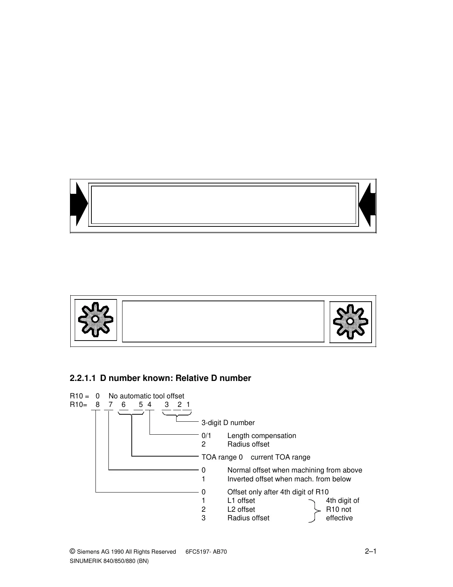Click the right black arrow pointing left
click(x=368, y=204)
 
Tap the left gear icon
click(x=95, y=320)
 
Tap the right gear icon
click(x=350, y=321)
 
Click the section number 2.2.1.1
click(x=83, y=378)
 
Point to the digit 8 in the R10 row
click(x=98, y=405)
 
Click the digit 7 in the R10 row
click(x=110, y=405)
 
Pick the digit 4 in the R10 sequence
click(x=150, y=405)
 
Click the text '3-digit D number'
click(x=228, y=423)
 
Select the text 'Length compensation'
click(x=262, y=436)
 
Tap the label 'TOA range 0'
click(x=222, y=457)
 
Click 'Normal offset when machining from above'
click(x=295, y=470)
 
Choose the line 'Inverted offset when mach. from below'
click(x=289, y=479)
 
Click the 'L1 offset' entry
click(x=241, y=501)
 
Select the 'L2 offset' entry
click(x=241, y=510)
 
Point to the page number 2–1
click(x=370, y=551)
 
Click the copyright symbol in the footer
click(x=73, y=551)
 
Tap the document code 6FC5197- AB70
click(x=206, y=552)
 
